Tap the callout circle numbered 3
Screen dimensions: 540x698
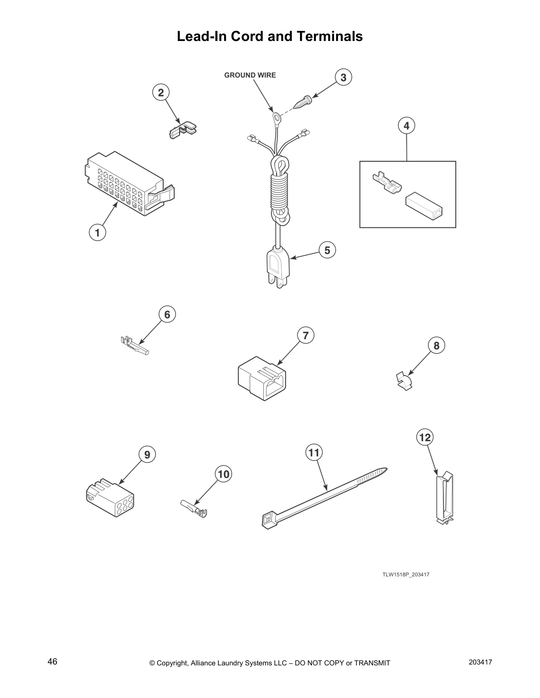[343, 78]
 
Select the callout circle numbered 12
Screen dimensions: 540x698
[424, 438]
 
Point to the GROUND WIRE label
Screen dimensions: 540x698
[250, 75]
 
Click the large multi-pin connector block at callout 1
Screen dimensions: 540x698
[130, 184]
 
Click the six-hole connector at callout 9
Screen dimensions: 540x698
[110, 498]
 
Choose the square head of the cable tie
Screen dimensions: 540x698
[269, 521]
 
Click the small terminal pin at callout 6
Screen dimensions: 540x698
[135, 345]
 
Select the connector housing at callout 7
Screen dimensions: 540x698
[262, 379]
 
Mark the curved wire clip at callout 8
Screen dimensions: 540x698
[404, 381]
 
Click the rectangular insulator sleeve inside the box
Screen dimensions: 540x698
[424, 206]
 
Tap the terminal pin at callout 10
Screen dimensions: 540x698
[194, 508]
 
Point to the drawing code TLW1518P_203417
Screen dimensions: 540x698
[406, 575]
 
